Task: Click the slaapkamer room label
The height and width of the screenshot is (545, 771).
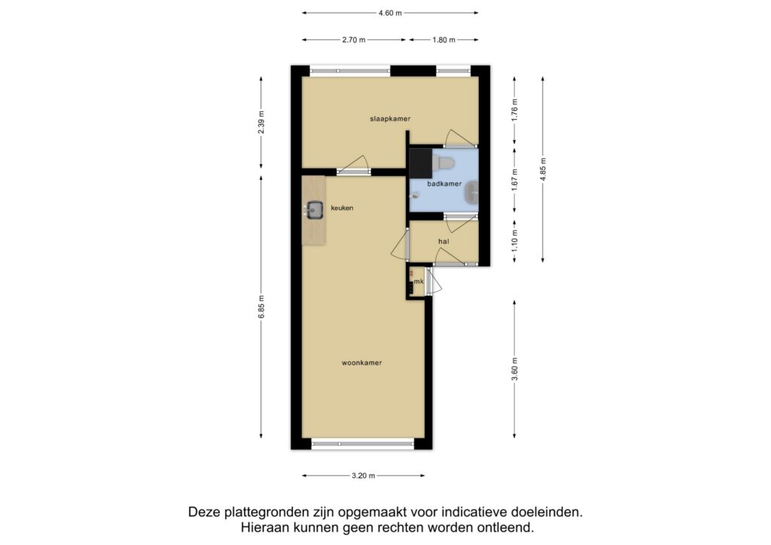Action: [x=390, y=118]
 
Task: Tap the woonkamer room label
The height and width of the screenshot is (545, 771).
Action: [x=361, y=363]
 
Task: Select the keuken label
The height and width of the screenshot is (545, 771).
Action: [x=342, y=208]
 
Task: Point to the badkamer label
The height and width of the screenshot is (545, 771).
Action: [x=444, y=184]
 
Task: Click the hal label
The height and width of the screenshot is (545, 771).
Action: [x=443, y=242]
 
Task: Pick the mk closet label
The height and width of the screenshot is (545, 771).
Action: [x=419, y=282]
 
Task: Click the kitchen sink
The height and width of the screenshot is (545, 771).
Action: [x=313, y=210]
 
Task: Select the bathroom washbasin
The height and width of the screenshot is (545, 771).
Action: [x=472, y=192]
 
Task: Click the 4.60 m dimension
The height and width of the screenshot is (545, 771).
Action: [x=390, y=14]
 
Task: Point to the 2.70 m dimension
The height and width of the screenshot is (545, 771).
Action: [x=354, y=40]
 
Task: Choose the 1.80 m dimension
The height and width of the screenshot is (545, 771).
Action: [x=443, y=40]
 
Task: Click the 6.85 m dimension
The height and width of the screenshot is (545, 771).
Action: [x=261, y=306]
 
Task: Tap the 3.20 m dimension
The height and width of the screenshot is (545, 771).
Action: [x=364, y=476]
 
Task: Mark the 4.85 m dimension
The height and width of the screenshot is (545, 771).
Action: [x=543, y=169]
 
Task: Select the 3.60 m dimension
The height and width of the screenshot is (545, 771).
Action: [x=514, y=369]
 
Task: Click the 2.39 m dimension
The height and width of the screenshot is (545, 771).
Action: [x=261, y=122]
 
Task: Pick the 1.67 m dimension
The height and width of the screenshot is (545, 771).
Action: [x=514, y=180]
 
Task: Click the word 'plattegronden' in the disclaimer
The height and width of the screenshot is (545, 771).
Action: [x=267, y=512]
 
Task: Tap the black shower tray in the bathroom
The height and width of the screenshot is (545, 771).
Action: [x=420, y=163]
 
